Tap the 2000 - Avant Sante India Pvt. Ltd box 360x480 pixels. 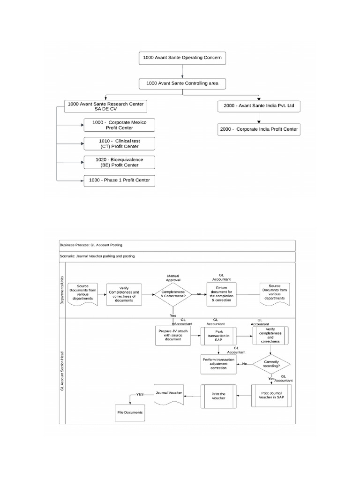[259, 106]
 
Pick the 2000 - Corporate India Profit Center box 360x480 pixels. [259, 129]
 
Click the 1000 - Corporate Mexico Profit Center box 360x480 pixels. [119, 125]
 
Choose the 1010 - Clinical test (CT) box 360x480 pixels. [119, 143]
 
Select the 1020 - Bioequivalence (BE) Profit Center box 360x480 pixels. [119, 162]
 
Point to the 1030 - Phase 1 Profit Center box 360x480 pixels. [119, 180]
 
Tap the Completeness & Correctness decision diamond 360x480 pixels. [173, 294]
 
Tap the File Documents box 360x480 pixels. [130, 412]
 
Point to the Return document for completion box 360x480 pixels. [221, 294]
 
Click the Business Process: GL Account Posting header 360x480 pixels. [177, 245]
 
